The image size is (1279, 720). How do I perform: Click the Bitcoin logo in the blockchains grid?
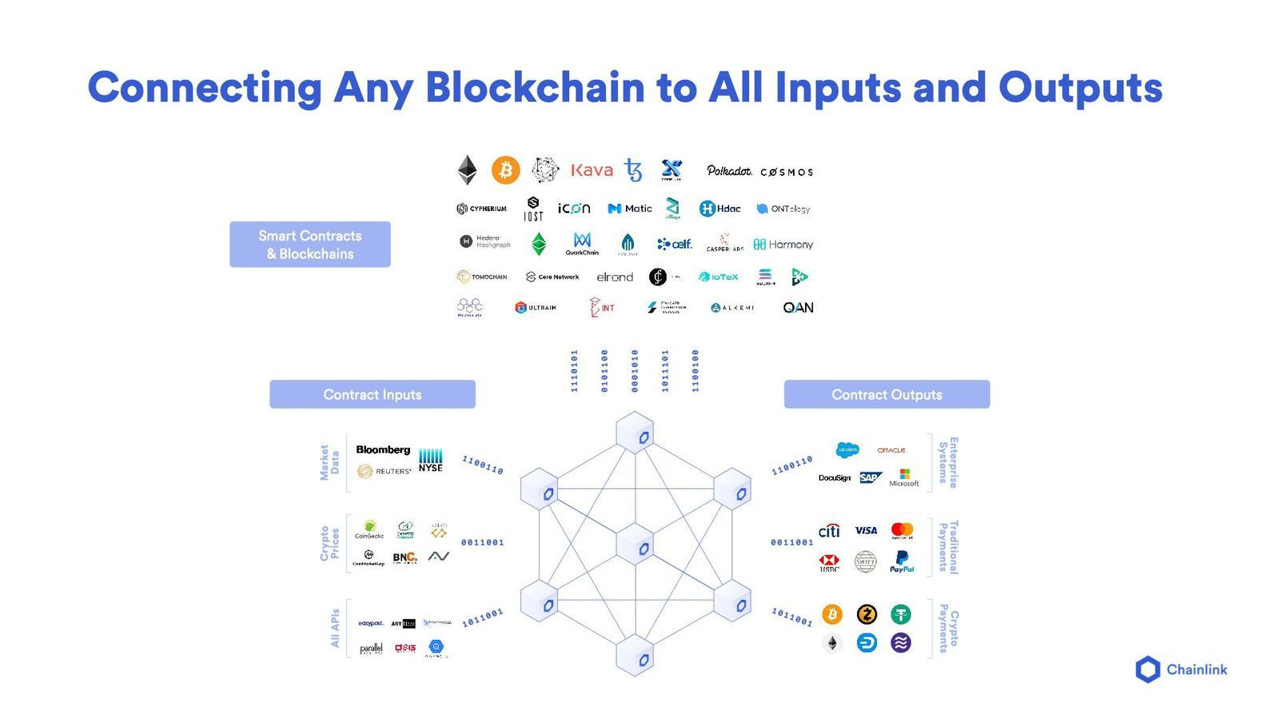[x=505, y=170]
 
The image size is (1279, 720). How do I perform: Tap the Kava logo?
[x=592, y=170]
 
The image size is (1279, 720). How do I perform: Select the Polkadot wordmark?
[x=729, y=170]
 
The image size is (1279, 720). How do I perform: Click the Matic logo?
[x=630, y=209]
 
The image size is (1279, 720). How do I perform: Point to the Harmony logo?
[x=783, y=245]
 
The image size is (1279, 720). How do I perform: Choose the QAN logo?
[x=798, y=308]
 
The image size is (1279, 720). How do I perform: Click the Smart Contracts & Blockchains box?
[x=310, y=245]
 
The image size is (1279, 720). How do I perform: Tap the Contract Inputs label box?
[x=373, y=394]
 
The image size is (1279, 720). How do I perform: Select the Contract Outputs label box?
[x=887, y=394]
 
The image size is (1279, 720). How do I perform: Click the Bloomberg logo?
[x=383, y=450]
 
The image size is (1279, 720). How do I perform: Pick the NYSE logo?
[x=430, y=460]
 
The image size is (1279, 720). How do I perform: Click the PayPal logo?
[x=902, y=562]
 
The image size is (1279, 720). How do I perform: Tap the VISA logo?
[x=866, y=530]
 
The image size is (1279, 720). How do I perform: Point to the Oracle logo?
[x=891, y=450]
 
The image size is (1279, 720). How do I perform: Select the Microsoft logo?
[x=904, y=478]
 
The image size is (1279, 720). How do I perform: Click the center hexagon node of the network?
[x=636, y=547]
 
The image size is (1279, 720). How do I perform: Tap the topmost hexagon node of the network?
[x=636, y=435]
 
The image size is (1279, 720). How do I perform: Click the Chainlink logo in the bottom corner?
[x=1181, y=670]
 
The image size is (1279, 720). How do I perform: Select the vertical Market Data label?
[x=329, y=462]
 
